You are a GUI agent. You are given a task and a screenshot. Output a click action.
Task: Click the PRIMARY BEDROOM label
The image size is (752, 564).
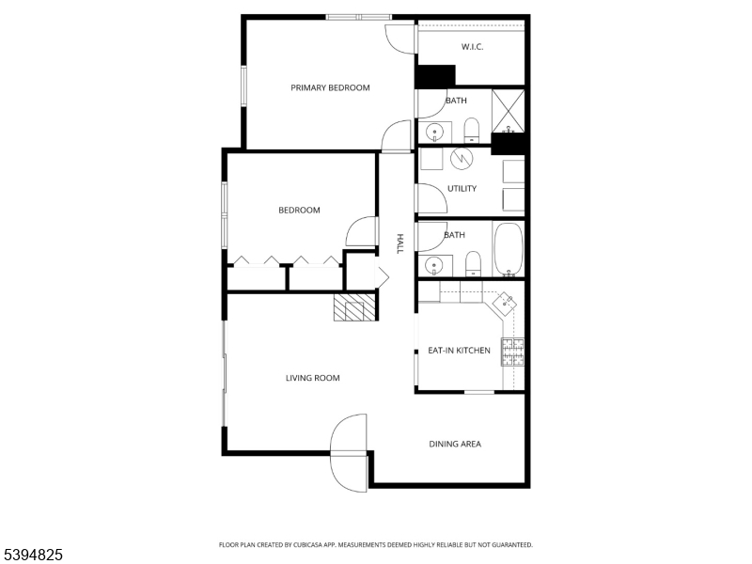[x=330, y=87]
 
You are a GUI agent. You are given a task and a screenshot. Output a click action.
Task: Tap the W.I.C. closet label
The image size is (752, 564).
[x=472, y=46]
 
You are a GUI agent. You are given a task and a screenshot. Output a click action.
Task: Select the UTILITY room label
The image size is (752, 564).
[x=462, y=188]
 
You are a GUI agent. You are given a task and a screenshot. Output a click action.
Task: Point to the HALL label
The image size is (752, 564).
[x=399, y=244]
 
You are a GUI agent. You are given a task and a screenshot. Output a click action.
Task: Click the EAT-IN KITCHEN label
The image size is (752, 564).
[x=459, y=351]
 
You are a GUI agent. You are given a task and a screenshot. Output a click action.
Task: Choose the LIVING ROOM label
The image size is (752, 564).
[x=313, y=378]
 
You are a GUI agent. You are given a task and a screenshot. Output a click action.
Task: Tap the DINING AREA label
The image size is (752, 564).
[x=455, y=444]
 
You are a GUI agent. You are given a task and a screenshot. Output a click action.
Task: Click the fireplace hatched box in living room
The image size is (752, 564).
[x=354, y=307]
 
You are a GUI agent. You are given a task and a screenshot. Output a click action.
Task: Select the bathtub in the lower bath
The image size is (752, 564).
[x=509, y=249]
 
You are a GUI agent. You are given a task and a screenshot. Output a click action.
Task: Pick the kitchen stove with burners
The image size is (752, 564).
[x=513, y=351]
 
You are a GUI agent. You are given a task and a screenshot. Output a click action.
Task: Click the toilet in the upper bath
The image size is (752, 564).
[x=472, y=130]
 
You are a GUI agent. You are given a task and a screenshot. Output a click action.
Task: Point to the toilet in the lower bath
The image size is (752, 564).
[x=474, y=263]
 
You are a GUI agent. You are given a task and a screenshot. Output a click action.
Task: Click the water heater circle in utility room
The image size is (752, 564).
[x=462, y=159]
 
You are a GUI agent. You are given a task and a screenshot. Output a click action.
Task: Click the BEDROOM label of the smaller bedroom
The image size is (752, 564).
[x=299, y=210]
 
